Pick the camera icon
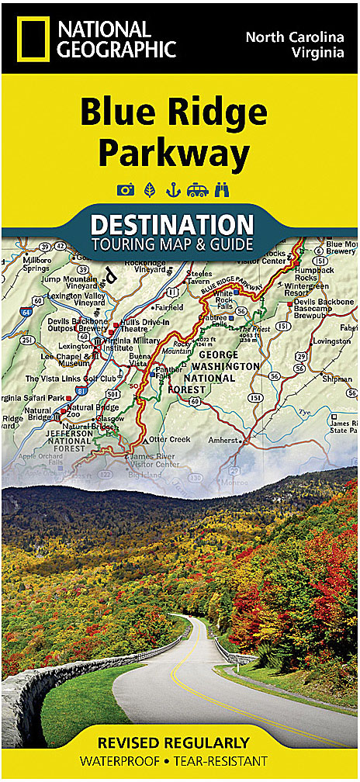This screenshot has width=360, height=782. [x=124, y=189]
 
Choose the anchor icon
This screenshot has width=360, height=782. [x=172, y=189]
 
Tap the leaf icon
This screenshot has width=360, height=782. [x=148, y=189]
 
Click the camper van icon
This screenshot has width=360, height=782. [x=198, y=189]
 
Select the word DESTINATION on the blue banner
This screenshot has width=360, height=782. [x=172, y=225]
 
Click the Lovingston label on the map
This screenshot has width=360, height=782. [x=333, y=341]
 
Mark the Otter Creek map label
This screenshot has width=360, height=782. [x=169, y=439]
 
